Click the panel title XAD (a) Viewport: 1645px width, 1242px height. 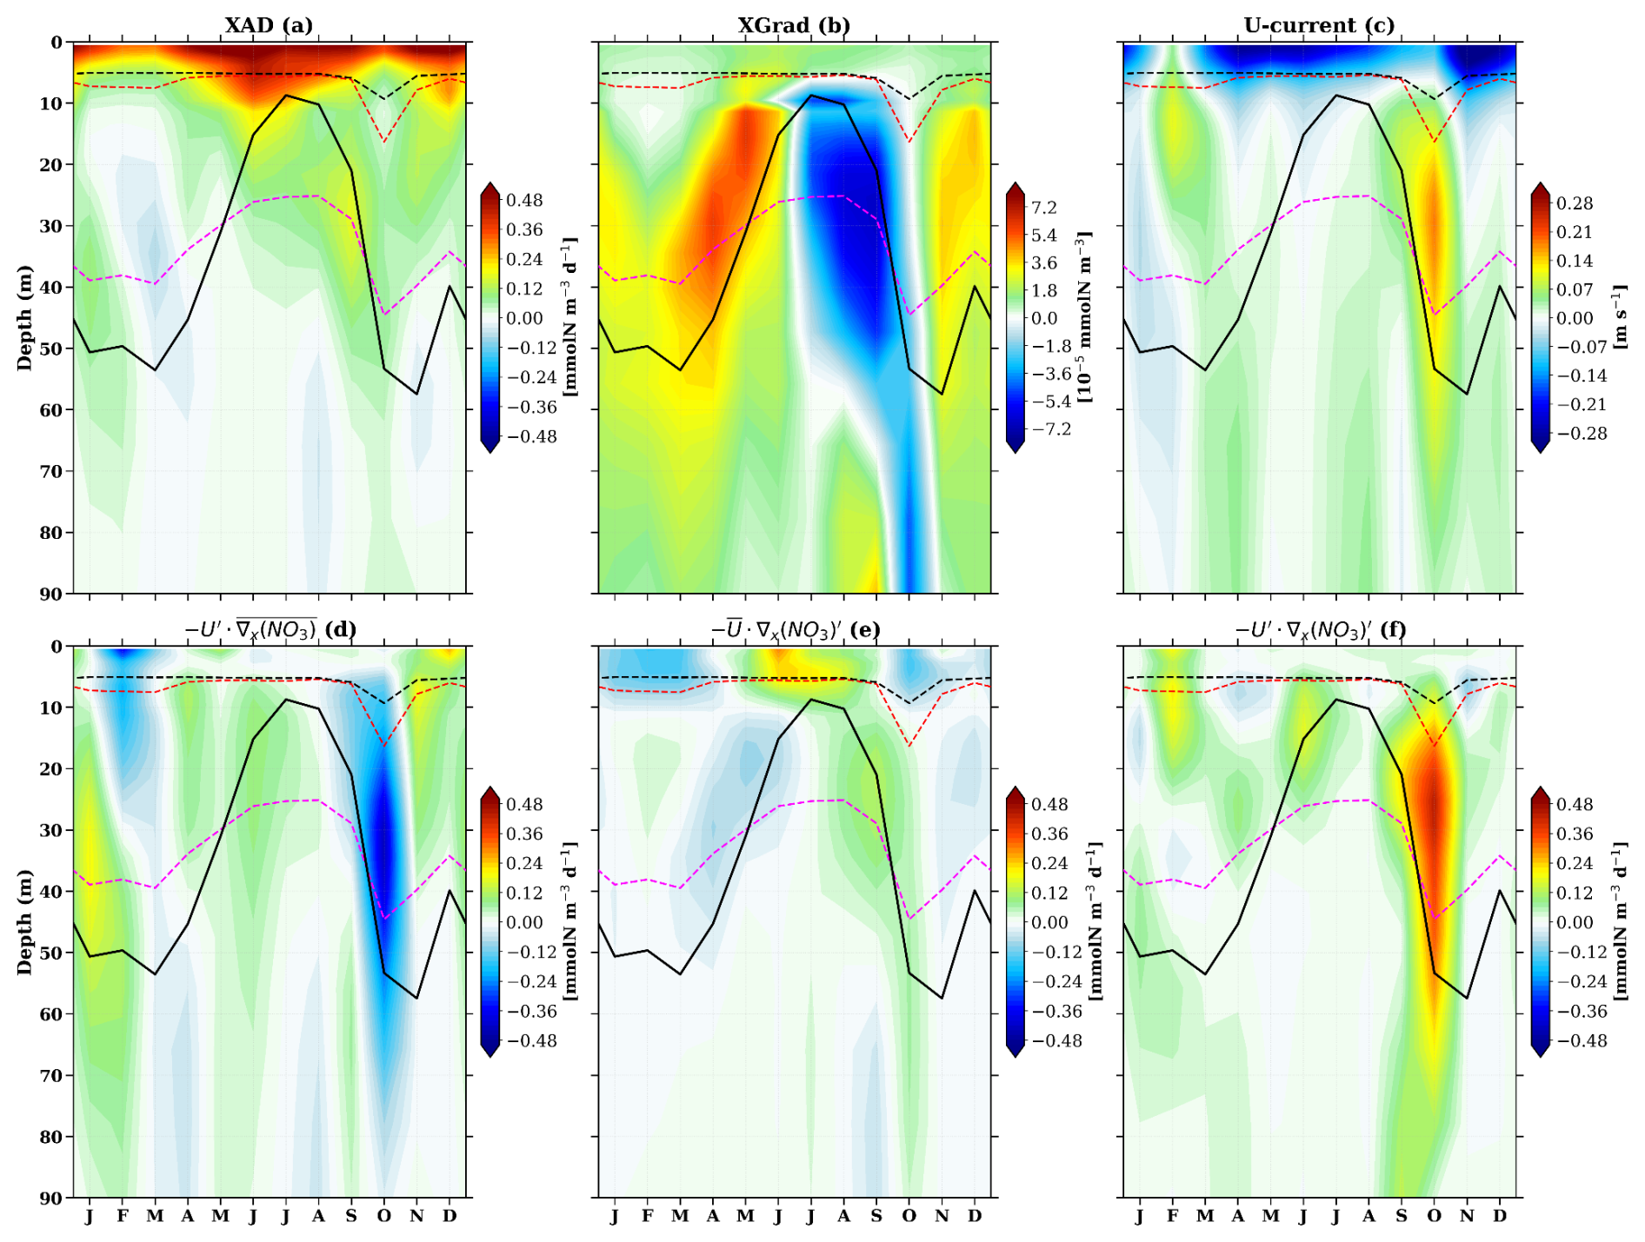tap(269, 24)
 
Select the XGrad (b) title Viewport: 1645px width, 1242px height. tap(794, 24)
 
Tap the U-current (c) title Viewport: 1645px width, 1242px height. tap(1319, 24)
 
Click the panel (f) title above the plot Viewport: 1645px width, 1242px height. tap(1319, 629)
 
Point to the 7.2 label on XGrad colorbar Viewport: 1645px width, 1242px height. tap(1044, 207)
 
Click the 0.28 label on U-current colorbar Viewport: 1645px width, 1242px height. tap(1575, 203)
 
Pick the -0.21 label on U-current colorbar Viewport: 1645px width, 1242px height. tap(1571, 404)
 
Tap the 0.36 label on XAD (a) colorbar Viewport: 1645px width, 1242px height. tap(524, 229)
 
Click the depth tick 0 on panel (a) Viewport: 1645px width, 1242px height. tap(57, 43)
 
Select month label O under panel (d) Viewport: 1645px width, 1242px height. tap(383, 1216)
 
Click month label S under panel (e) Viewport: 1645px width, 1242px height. tap(876, 1216)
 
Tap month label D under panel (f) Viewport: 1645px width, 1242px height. tap(1500, 1216)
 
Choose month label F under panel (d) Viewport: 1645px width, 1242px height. tap(123, 1216)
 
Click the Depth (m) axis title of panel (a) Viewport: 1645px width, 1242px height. tap(24, 317)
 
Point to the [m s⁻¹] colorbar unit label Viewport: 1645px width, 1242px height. tap(1620, 317)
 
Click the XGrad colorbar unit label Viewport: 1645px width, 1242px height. tap(1085, 317)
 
